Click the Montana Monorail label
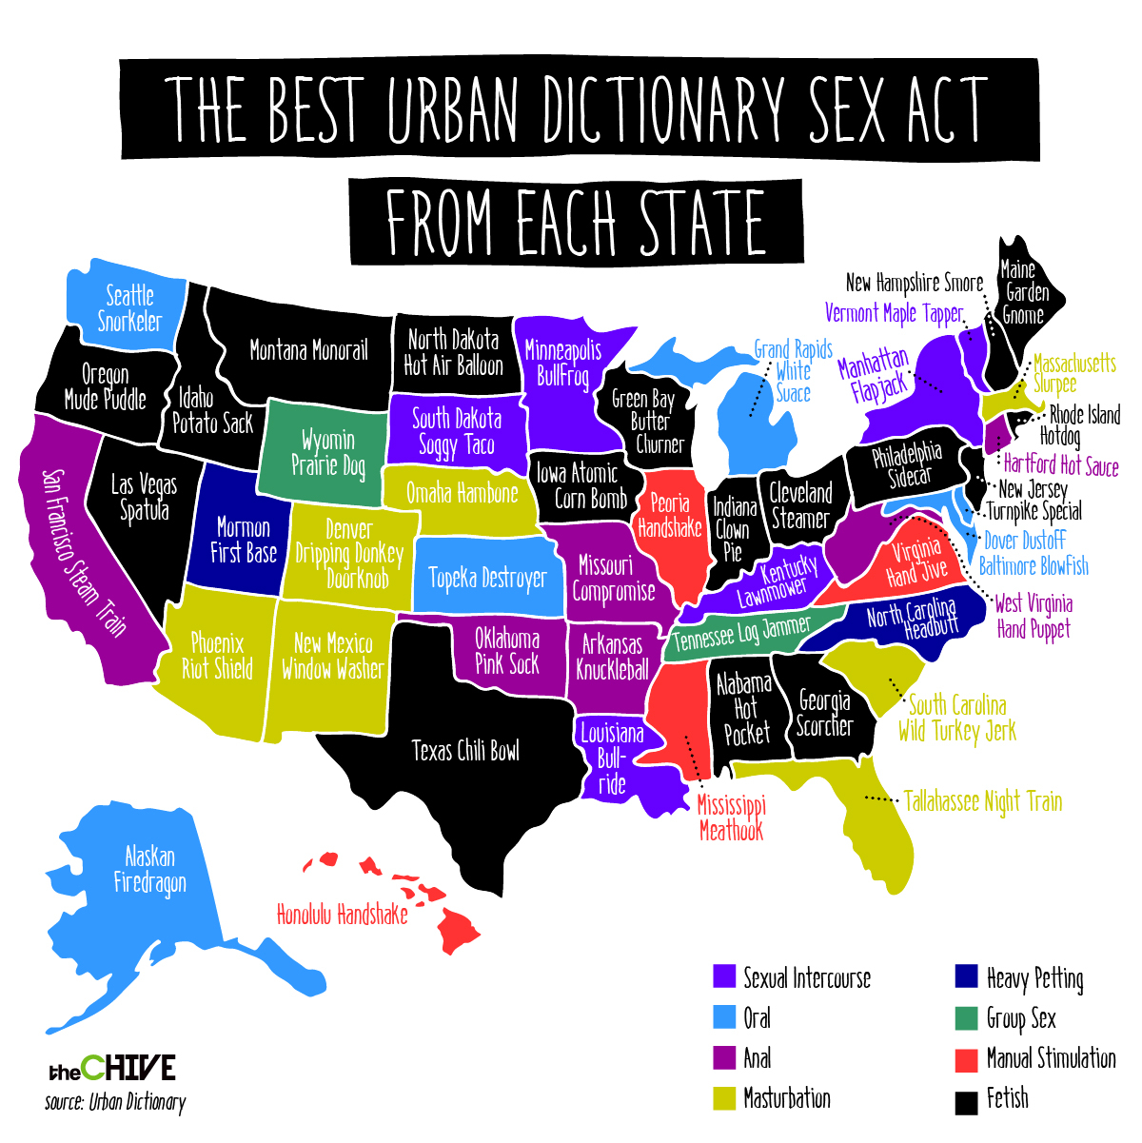[x=308, y=350]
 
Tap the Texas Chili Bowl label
[x=465, y=751]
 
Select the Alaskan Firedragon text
[x=150, y=870]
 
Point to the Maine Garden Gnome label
[x=1023, y=292]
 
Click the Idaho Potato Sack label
[x=211, y=411]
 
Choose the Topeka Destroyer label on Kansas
[x=487, y=578]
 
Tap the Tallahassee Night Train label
[x=982, y=801]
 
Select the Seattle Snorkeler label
[x=130, y=308]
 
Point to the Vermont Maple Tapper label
[x=894, y=313]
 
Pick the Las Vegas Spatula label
[x=144, y=498]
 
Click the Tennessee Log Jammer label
[x=742, y=633]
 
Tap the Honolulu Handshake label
[x=342, y=915]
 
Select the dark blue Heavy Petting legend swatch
[x=966, y=977]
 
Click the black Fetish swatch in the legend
[x=966, y=1101]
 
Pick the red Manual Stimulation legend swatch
[x=966, y=1059]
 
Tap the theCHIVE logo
[x=112, y=1068]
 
